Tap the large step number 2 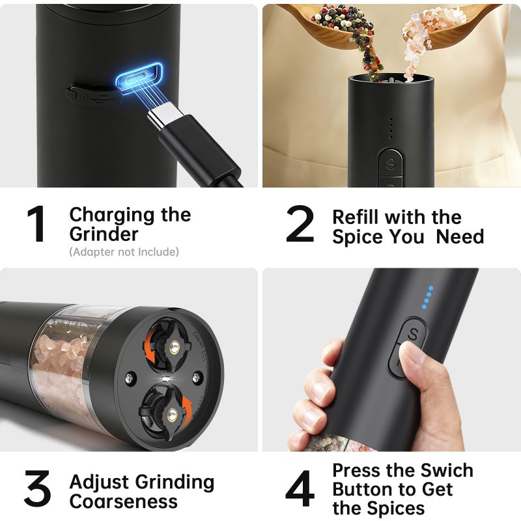tap(300, 223)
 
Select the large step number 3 tap(37, 488)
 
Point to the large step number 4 tap(300, 488)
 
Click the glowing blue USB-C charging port tap(139, 78)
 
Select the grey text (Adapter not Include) tap(124, 252)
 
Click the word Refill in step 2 tap(355, 218)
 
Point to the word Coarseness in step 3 tap(124, 501)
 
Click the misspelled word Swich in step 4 tap(447, 470)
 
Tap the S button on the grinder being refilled tap(391, 163)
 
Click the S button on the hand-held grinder tap(413, 334)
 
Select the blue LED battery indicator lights tap(428, 298)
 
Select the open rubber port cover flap tap(91, 94)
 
